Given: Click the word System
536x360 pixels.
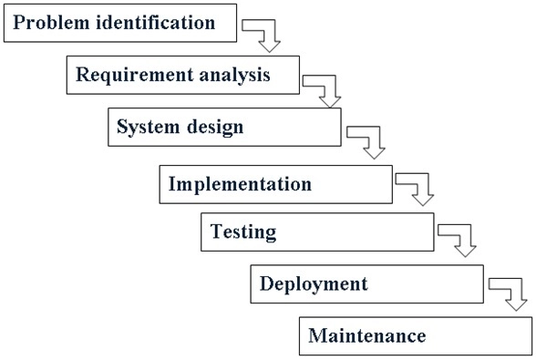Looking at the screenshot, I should pos(145,127).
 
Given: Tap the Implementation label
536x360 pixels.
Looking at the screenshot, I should pos(240,184).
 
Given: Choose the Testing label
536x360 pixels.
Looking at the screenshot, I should pos(243,232).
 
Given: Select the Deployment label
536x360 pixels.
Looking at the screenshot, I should pos(314,283).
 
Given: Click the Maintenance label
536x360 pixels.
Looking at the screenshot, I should pos(366,335).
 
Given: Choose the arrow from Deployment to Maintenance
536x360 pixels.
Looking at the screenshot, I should pos(510,292).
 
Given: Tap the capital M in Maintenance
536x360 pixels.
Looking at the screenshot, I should pos(316,335).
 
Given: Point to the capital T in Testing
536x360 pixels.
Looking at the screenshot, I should pos(216,232).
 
